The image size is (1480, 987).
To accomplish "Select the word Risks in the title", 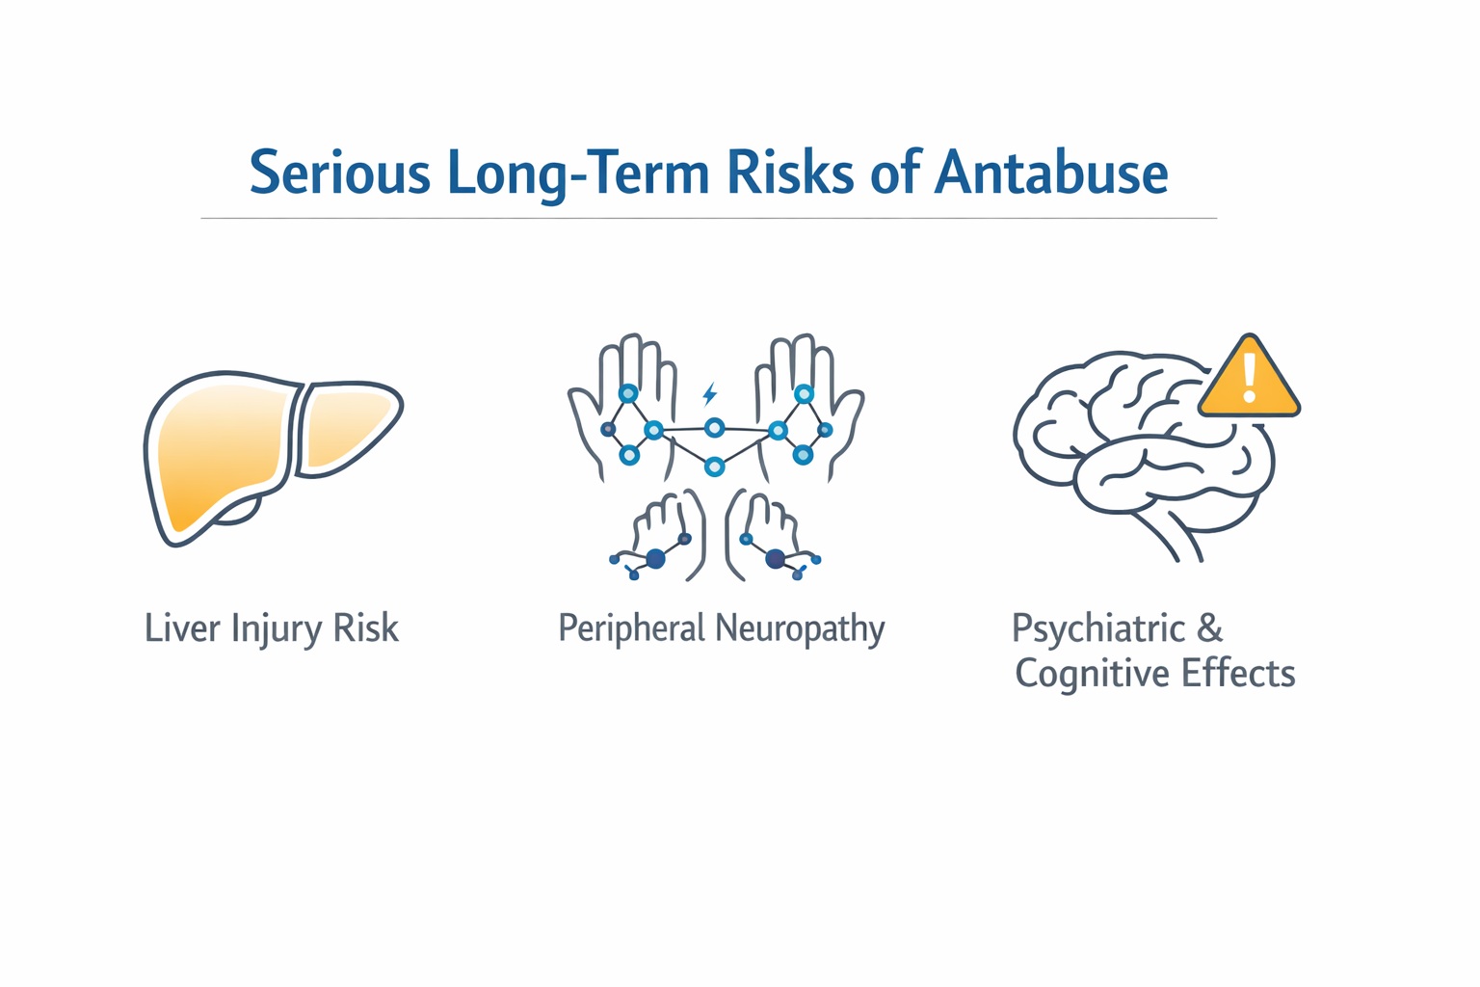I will point(789,173).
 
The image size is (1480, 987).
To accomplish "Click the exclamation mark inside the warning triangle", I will point(1250,377).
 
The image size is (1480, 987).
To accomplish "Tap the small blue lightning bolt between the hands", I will point(710,394).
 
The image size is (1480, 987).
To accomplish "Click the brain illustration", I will point(1137,443).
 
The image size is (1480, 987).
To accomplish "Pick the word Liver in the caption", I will point(179,628).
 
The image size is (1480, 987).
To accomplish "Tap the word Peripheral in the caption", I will point(632,629).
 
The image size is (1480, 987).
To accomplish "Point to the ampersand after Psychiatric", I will point(1210,628).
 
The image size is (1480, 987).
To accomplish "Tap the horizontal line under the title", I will point(708,219).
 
